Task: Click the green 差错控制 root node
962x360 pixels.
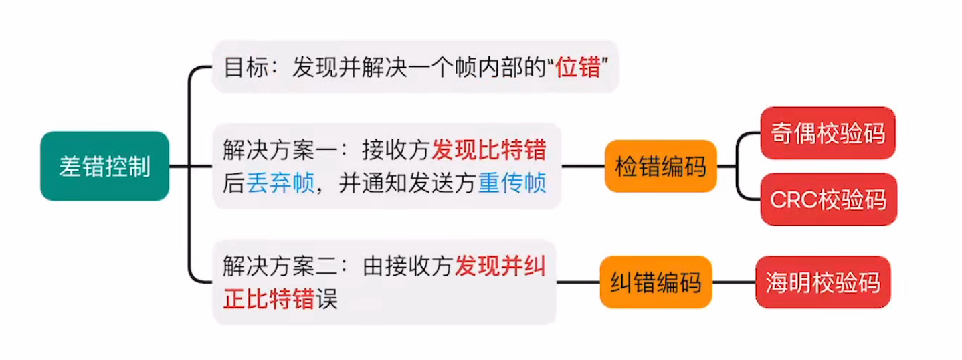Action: (104, 166)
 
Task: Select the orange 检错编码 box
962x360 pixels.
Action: (660, 166)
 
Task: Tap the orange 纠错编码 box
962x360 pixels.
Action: (656, 282)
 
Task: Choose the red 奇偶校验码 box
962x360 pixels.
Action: (828, 132)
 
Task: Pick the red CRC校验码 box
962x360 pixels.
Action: (828, 199)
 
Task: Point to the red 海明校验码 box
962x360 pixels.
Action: (823, 282)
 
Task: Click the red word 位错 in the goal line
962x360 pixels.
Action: (579, 68)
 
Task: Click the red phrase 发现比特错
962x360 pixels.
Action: (488, 149)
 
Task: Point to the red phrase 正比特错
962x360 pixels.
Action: (269, 299)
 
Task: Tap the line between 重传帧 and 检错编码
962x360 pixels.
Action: (582, 166)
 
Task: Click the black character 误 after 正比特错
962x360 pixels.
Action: (326, 299)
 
